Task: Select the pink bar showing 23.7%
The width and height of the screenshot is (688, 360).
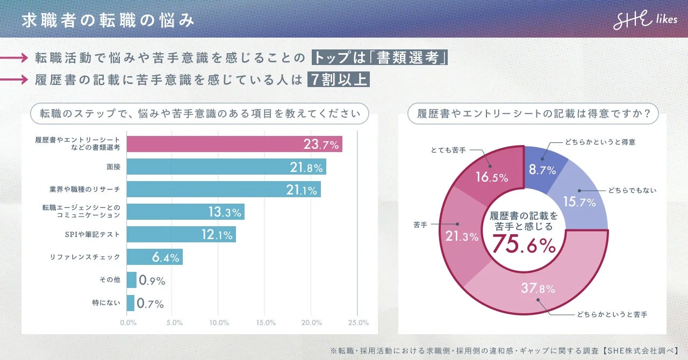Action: coord(234,144)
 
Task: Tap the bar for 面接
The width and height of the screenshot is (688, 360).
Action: coord(226,167)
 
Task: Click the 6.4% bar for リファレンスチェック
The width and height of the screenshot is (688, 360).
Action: coord(155,257)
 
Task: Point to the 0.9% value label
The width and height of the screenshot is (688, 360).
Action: coord(152,280)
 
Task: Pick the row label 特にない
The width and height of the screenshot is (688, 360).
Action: coord(106,303)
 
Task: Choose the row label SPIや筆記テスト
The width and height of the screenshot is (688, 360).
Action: coord(93,235)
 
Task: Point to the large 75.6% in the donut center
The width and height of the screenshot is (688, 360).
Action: coord(524,245)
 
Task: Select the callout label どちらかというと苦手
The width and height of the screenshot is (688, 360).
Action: coord(612,314)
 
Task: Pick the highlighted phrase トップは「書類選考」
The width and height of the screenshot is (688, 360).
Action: coord(380,57)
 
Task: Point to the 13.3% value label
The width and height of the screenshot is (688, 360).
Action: coord(225,212)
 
